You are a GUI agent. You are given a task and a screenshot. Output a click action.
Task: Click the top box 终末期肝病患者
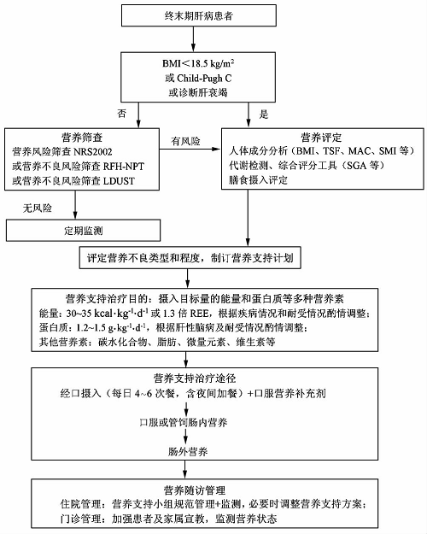pyautogui.click(x=199, y=15)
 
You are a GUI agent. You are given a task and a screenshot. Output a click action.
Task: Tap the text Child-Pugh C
pyautogui.click(x=204, y=79)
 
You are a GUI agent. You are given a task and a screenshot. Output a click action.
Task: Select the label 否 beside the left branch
pyautogui.click(x=121, y=114)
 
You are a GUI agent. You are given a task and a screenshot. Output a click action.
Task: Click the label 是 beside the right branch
pyautogui.click(x=264, y=114)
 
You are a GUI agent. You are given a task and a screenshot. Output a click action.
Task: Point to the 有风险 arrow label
pyautogui.click(x=185, y=141)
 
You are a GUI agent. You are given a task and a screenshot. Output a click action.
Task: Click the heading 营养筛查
pyautogui.click(x=82, y=138)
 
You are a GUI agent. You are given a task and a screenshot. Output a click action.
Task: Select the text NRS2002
pyautogui.click(x=93, y=151)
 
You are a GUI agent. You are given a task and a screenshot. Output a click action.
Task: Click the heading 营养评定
pyautogui.click(x=321, y=138)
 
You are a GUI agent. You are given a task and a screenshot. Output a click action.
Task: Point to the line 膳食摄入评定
pyautogui.click(x=258, y=179)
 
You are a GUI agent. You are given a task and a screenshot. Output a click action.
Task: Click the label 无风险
pyautogui.click(x=38, y=208)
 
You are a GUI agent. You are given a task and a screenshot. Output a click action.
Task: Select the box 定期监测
pyautogui.click(x=83, y=231)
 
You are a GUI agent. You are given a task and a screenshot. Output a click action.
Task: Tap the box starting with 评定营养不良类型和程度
pyautogui.click(x=190, y=258)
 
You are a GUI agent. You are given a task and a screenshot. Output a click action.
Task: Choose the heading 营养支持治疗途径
pyautogui.click(x=195, y=378)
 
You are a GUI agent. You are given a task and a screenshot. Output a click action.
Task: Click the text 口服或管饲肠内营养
pyautogui.click(x=184, y=423)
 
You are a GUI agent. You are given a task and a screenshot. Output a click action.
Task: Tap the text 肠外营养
pyautogui.click(x=188, y=452)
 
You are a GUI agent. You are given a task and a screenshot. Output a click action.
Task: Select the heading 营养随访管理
pyautogui.click(x=195, y=490)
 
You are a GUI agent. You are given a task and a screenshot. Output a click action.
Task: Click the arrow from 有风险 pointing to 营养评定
pyautogui.click(x=190, y=149)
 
